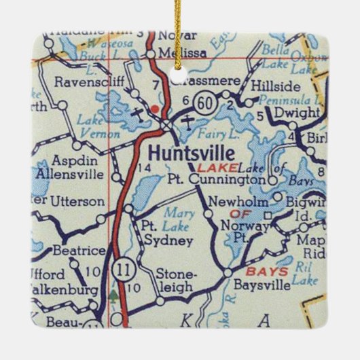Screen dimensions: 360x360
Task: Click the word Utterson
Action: coord(78,202)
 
